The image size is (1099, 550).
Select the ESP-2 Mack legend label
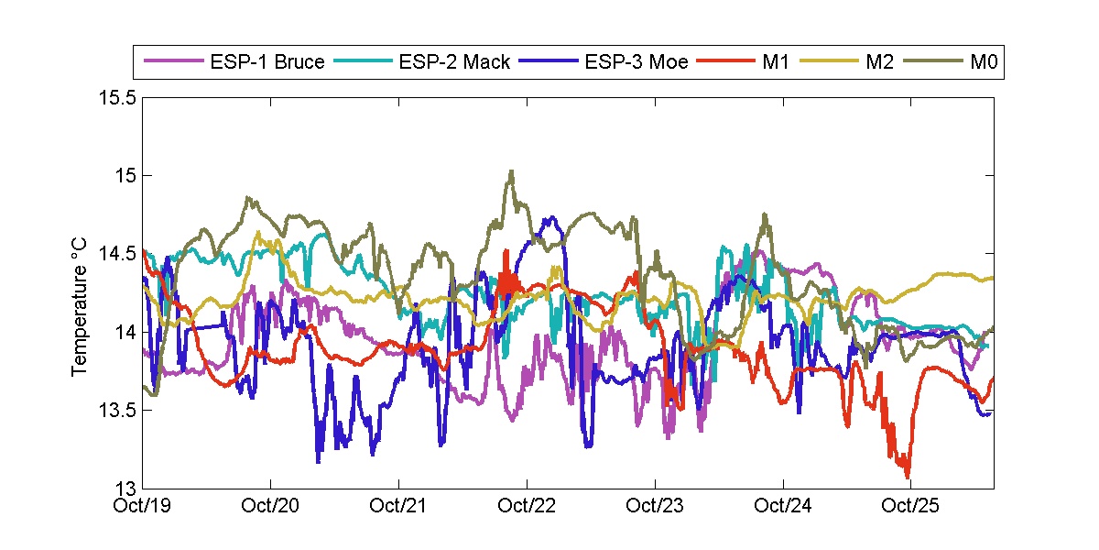point(455,62)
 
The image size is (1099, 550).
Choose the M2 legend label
point(876,62)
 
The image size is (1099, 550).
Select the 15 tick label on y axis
point(126,175)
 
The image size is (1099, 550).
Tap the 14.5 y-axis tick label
point(120,254)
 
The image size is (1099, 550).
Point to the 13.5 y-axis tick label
point(120,410)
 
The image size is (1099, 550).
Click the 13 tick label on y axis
point(126,488)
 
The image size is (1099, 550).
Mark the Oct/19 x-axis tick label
point(144,505)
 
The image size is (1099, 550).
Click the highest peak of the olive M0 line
point(511,170)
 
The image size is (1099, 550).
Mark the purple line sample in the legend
point(172,62)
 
